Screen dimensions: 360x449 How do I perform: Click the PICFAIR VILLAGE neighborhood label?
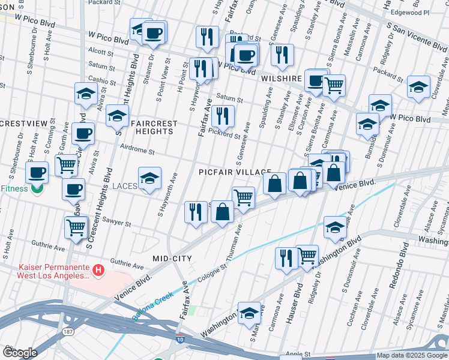click(x=235, y=172)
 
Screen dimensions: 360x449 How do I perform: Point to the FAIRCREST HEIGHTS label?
click(x=155, y=127)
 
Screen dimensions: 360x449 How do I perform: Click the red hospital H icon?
click(x=100, y=271)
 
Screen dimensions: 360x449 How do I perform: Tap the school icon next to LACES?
click(x=149, y=178)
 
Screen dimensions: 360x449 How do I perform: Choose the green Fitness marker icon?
click(x=37, y=188)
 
